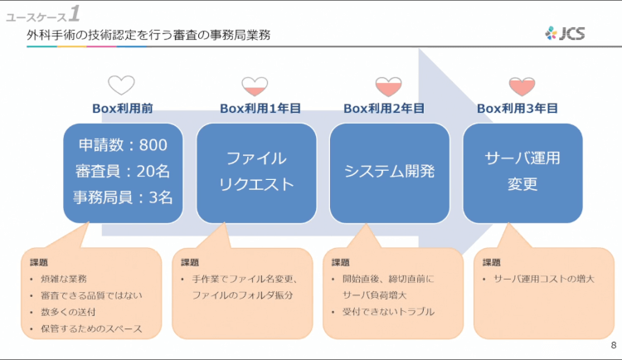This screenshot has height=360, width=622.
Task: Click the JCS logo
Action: coord(566,33)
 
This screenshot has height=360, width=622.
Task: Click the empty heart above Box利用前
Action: coord(121,85)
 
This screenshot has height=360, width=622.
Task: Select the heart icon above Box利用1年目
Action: coord(255,85)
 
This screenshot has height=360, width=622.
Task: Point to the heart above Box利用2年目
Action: coord(387,85)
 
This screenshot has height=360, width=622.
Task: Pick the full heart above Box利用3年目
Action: coord(521,85)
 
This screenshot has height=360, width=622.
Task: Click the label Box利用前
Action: coord(122,108)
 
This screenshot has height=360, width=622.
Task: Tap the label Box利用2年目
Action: coord(384,108)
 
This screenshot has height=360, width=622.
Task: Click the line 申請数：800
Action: coord(123,145)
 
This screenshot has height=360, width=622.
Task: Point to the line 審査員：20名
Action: coord(123,171)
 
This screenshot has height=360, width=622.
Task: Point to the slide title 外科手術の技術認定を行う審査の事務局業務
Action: coord(149,35)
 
